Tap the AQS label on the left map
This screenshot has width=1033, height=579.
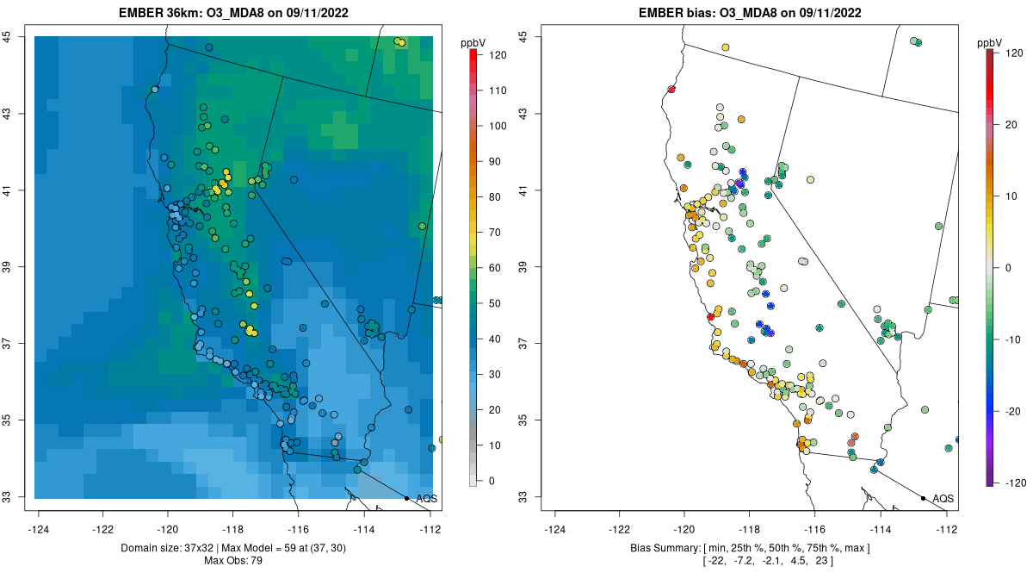tap(425, 498)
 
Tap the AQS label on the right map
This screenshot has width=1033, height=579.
tap(943, 498)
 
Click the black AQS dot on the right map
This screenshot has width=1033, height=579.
tap(923, 498)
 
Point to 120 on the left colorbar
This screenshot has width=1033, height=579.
tap(496, 54)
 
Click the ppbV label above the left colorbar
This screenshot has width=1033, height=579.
tap(473, 43)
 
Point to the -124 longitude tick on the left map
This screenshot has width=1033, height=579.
tap(39, 529)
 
